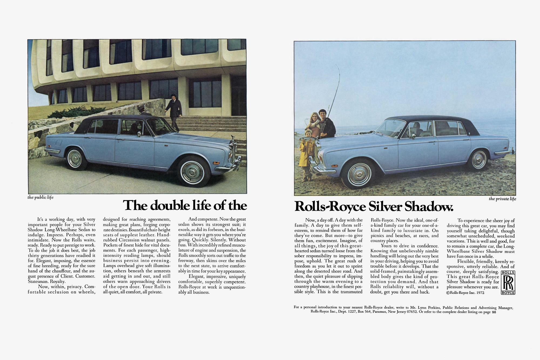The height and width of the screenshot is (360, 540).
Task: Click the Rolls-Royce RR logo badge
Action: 508,282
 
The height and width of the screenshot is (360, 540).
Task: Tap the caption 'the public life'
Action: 40,197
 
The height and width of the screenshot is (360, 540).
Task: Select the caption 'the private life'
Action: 502,199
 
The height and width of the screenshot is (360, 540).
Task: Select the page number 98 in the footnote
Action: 494,312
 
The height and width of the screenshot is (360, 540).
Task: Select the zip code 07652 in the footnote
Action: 412,312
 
